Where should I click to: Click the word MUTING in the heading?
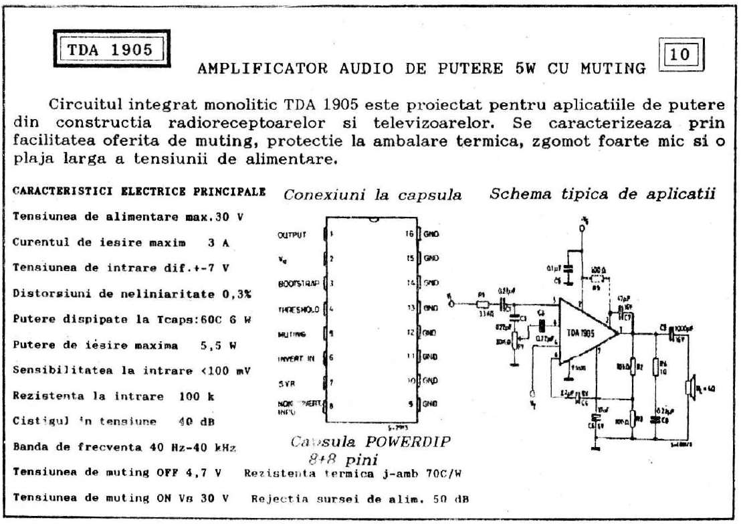tap(613, 69)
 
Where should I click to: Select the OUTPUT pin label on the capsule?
tap(290, 235)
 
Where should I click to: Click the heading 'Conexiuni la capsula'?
tap(373, 195)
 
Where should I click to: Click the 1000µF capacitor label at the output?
tap(684, 327)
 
